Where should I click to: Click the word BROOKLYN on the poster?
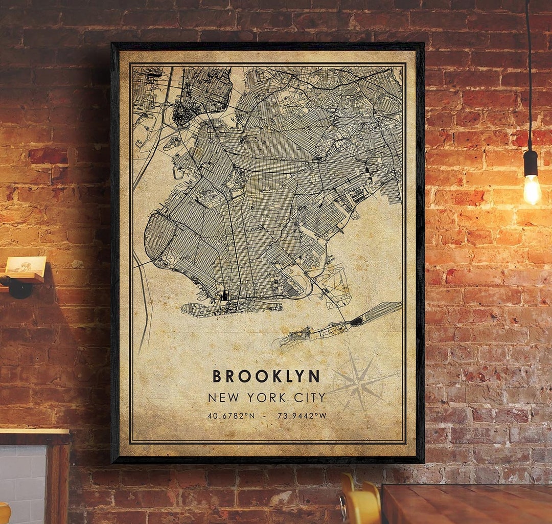point(266,376)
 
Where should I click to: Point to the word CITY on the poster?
point(309,398)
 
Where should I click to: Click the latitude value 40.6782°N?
point(231,416)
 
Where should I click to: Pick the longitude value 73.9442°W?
point(302,416)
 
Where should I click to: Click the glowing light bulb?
point(532,189)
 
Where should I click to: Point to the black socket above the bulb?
point(531,162)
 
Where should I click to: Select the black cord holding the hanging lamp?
point(528,77)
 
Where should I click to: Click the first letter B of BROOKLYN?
point(217,376)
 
